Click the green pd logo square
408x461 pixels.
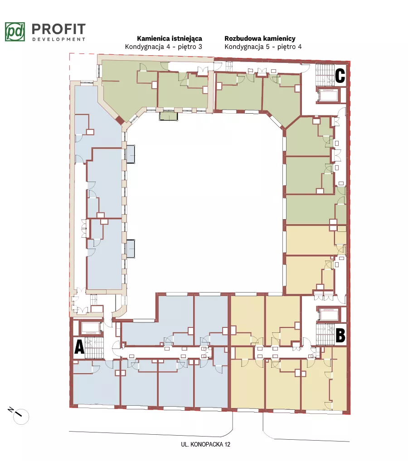[15, 32]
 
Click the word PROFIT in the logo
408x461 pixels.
[58, 29]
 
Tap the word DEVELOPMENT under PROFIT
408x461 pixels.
[58, 39]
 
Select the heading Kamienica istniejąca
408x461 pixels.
[169, 38]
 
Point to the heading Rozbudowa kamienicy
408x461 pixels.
[260, 38]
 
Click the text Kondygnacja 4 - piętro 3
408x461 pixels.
[163, 47]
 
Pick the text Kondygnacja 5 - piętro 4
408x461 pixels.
[263, 47]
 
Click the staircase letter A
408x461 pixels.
[79, 347]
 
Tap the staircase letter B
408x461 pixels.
[340, 336]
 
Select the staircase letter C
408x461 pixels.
[340, 76]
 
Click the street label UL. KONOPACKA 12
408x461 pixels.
[205, 444]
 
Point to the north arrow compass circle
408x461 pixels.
[21, 417]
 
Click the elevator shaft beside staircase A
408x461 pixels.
[91, 328]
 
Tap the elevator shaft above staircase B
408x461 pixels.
[329, 314]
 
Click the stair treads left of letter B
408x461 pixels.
[325, 334]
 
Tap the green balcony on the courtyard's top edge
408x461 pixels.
[169, 116]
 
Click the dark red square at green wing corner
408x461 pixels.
[120, 120]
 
